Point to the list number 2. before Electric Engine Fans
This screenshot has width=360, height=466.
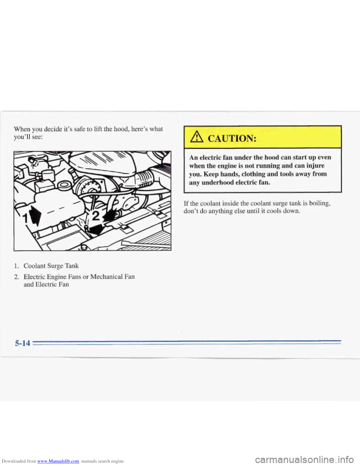click(16, 277)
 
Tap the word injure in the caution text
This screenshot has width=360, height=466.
click(314, 165)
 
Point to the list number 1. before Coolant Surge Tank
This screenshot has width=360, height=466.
click(16, 266)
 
